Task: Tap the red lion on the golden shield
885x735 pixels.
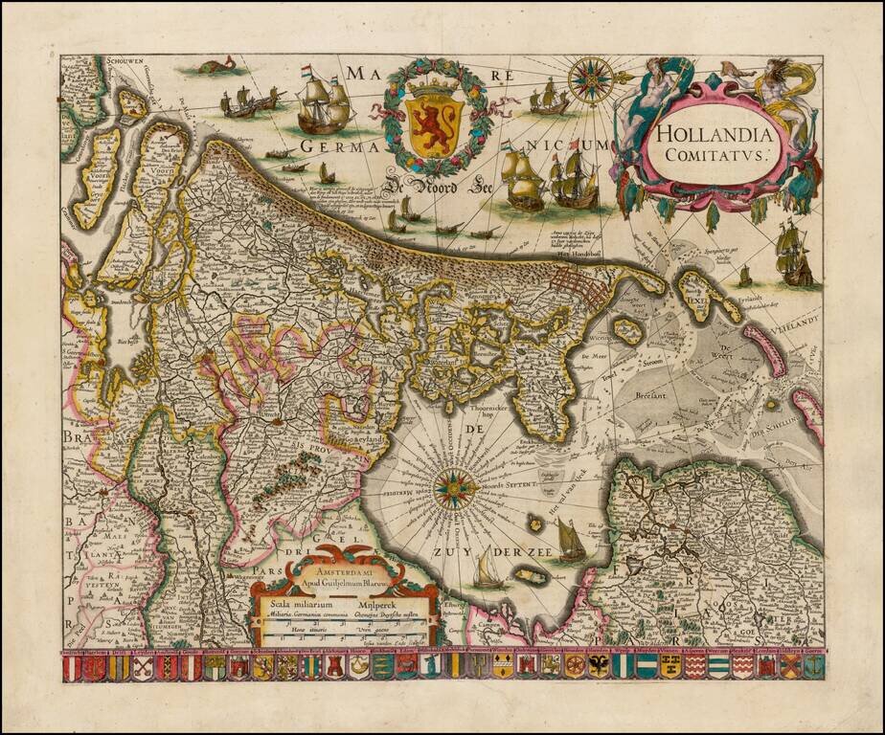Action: (437, 120)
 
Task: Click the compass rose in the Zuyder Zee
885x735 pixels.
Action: (451, 489)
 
